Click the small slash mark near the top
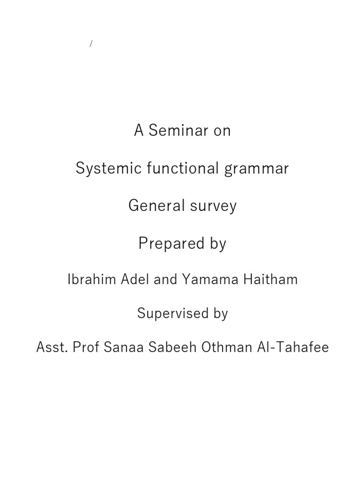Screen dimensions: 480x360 tap(91, 45)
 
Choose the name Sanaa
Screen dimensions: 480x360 tap(121, 347)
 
